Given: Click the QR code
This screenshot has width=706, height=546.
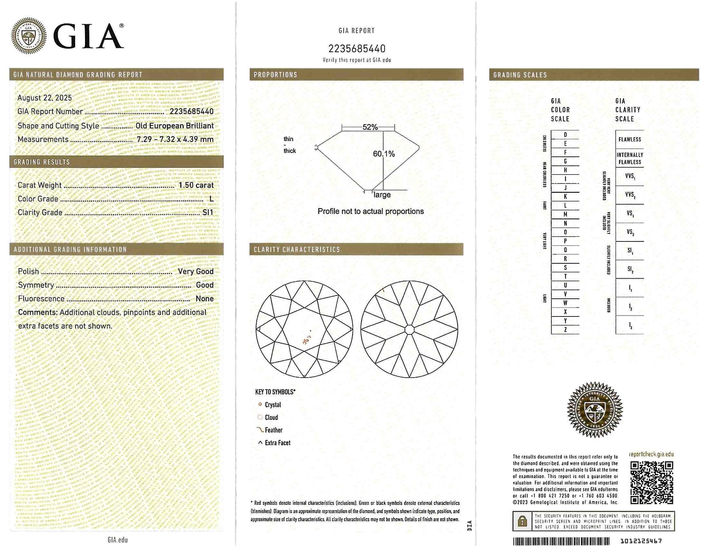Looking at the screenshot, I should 652,482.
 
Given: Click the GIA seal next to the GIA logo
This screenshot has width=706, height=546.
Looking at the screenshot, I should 29,35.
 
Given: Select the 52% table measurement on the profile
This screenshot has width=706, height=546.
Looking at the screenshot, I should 370,127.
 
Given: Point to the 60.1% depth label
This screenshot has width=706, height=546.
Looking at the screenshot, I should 384,154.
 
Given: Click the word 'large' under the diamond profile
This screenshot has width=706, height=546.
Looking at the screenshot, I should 382,194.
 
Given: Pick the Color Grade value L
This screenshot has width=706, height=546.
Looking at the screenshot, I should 211,199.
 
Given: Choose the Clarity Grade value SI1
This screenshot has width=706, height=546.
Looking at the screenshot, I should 207,212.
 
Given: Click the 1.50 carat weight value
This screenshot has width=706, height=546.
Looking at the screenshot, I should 196,185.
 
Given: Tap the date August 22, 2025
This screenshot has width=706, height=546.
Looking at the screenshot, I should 45,98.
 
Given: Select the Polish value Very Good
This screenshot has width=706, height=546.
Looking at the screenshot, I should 196,271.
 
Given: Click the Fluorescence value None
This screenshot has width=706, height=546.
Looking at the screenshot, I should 204,298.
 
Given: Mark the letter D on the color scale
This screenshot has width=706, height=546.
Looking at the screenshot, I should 565,135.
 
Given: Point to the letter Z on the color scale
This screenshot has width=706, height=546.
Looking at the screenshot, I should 565,330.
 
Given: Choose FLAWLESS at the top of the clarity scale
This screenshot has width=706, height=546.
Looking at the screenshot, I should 629,140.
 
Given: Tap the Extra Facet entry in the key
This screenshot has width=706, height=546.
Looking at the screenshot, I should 277,443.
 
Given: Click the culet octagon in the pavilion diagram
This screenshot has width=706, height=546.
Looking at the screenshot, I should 409,330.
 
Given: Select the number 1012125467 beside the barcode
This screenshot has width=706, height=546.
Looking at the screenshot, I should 641,541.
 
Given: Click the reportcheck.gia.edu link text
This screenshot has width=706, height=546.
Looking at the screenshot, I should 651,454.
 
